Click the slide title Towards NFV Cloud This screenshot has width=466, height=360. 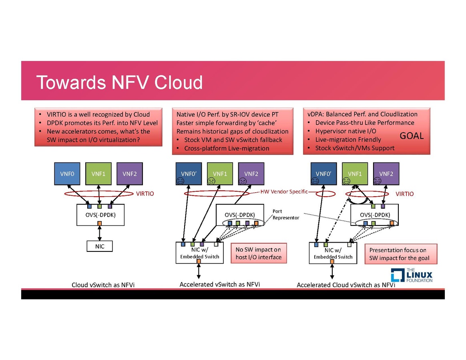point(119,82)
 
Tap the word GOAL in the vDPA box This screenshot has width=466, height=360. point(412,136)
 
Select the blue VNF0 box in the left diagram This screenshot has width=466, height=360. point(67,173)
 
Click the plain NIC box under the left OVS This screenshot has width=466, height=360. point(100,246)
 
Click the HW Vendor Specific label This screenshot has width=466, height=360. point(284,191)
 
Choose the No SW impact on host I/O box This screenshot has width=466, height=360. point(259,253)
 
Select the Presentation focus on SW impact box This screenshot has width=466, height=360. point(400,254)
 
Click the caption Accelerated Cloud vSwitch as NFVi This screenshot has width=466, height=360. point(345,285)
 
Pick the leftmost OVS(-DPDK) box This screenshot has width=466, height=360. point(100,215)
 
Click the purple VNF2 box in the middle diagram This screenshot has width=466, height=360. point(251,173)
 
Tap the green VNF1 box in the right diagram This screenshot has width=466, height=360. point(354,173)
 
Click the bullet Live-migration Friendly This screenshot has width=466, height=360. point(348,139)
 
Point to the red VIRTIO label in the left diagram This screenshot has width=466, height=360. point(145,194)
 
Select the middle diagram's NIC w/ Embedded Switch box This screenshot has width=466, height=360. point(199,253)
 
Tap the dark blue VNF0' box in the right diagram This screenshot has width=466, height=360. point(323,173)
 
